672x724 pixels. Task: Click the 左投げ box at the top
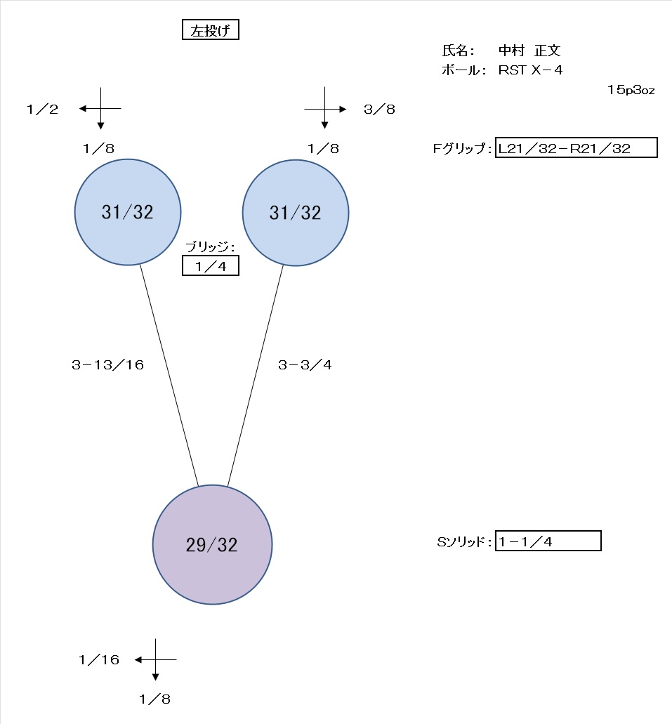(211, 30)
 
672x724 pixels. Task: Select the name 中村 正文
(529, 51)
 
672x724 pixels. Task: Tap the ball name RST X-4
(530, 70)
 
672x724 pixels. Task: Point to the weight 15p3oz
(631, 90)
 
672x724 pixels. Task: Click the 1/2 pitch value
(43, 110)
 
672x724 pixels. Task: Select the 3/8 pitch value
(379, 110)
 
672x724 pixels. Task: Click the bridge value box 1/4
(211, 266)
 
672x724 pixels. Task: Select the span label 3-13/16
(107, 365)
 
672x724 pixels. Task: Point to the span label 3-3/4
(305, 365)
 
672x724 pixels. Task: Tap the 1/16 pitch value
(99, 660)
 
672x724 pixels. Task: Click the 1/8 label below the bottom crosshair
(154, 699)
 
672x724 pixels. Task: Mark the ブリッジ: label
(210, 247)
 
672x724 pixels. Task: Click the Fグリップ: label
(462, 148)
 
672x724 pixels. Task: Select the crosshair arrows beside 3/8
(325, 108)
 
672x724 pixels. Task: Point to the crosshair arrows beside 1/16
(156, 660)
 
